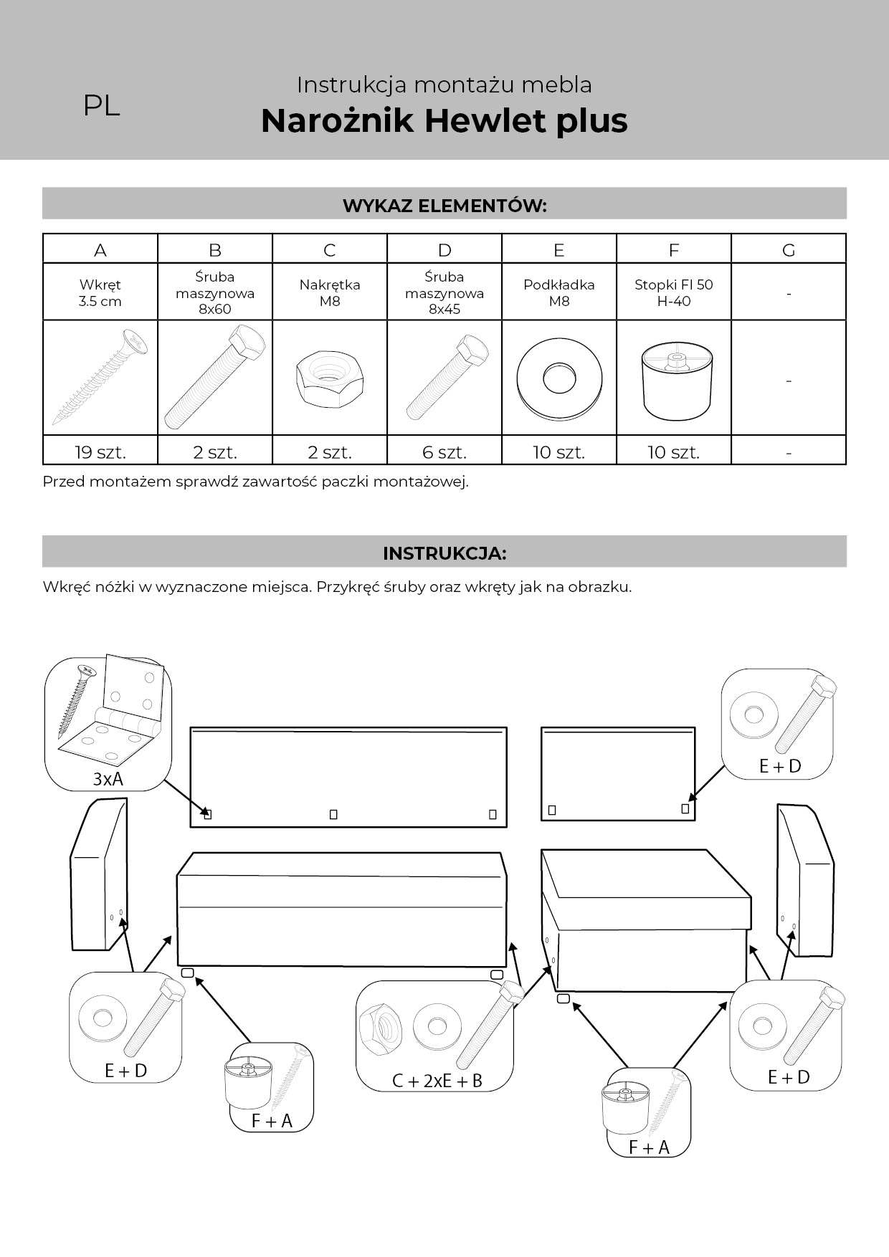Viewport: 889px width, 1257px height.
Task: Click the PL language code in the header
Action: click(x=101, y=106)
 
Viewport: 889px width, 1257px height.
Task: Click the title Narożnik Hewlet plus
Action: click(x=444, y=120)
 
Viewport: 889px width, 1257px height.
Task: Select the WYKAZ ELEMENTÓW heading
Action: click(x=444, y=206)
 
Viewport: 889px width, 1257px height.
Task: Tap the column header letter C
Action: click(x=330, y=250)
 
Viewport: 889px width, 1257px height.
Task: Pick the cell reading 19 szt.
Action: click(x=100, y=452)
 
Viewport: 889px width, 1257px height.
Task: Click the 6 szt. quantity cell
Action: click(x=444, y=452)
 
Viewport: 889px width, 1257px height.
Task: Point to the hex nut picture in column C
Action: click(x=329, y=378)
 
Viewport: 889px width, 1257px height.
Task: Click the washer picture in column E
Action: click(x=558, y=378)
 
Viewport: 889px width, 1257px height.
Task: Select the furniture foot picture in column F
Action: click(x=674, y=380)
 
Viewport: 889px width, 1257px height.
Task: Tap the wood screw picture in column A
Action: click(x=100, y=377)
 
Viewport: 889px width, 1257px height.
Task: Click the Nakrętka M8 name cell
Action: click(x=330, y=292)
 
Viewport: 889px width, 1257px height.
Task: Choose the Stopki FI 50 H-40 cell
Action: click(x=674, y=292)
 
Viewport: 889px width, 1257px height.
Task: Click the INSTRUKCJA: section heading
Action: click(x=444, y=553)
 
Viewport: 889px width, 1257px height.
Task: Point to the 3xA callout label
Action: click(x=108, y=779)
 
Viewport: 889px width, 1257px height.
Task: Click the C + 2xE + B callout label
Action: click(x=437, y=1081)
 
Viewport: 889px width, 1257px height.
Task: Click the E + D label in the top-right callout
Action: click(x=780, y=766)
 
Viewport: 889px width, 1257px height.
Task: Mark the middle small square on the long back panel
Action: click(x=333, y=814)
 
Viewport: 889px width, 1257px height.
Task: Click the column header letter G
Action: click(x=789, y=250)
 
